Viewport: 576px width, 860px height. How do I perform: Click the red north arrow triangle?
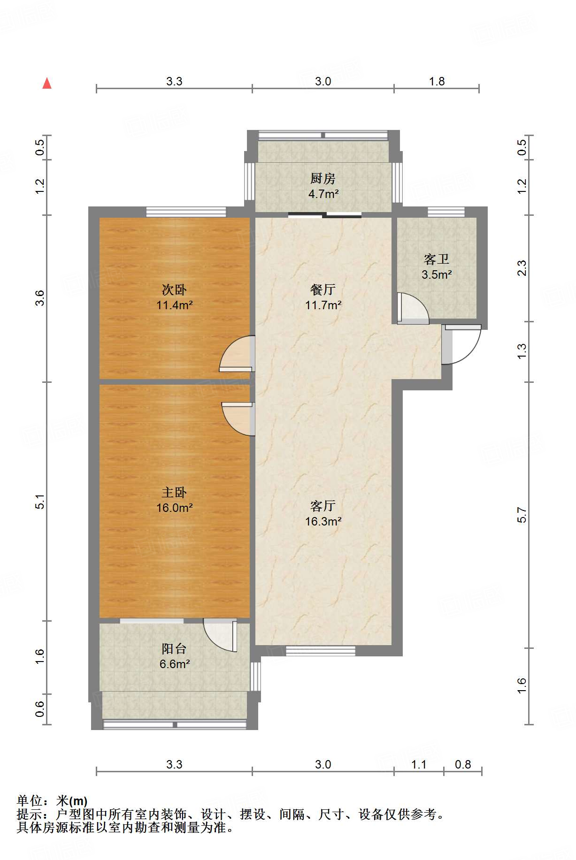47,84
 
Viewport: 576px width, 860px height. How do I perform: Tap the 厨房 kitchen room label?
323,178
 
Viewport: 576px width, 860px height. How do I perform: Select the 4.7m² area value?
323,193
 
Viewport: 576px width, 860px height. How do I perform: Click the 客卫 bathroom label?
437,259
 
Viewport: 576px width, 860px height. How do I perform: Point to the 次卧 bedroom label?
174,289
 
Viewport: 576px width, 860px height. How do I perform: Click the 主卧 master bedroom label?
174,492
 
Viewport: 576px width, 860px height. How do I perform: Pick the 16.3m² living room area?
323,521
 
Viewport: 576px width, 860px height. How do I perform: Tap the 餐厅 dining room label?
323,289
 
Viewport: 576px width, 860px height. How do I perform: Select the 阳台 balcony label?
174,648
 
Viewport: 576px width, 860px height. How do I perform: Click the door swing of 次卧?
236,355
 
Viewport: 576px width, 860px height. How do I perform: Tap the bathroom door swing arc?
414,308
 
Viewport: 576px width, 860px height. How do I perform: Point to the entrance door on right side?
461,345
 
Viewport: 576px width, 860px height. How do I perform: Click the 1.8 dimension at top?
437,81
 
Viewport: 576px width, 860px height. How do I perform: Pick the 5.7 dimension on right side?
522,515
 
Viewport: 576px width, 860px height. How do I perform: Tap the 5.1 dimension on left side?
40,502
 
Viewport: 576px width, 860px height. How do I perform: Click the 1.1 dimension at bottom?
419,764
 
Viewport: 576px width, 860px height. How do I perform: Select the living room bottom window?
321,651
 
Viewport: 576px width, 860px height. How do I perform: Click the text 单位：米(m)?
52,800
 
